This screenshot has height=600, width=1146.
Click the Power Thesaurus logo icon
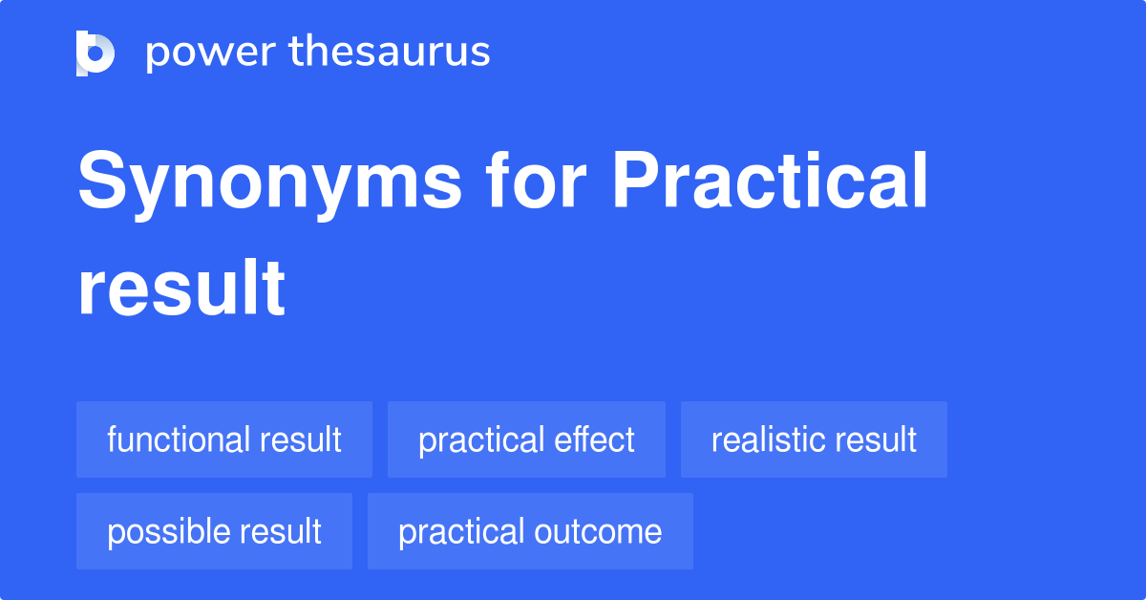pos(95,53)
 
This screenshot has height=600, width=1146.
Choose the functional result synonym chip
pos(224,439)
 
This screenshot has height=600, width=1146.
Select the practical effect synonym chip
pos(526,439)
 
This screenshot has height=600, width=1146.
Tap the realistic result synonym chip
pos(814,439)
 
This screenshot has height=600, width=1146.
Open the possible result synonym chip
pos(214,531)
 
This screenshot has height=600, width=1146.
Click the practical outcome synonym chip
pos(530,531)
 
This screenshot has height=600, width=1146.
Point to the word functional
pos(177,439)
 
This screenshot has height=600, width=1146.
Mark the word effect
pos(598,439)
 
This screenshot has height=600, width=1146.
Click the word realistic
pos(763,439)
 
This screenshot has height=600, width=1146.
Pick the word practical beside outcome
pos(461,531)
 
